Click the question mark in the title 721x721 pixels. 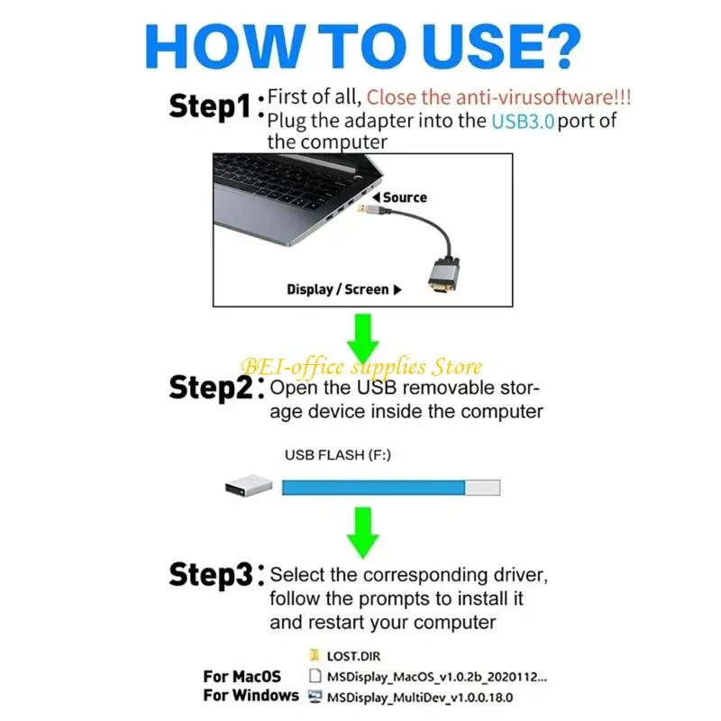(556, 46)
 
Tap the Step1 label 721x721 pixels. (210, 106)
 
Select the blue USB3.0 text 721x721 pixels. (523, 122)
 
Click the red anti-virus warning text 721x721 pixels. (498, 97)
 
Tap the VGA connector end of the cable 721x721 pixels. (443, 277)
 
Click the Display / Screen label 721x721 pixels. (337, 289)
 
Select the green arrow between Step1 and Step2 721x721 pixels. (363, 339)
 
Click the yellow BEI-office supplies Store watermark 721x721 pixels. (361, 367)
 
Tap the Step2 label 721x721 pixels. (211, 388)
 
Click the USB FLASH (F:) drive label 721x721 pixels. (337, 455)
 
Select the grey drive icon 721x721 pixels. (249, 486)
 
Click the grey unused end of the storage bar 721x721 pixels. (482, 488)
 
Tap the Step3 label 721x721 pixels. (211, 575)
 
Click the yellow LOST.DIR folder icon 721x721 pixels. (315, 655)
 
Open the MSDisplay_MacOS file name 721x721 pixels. (437, 677)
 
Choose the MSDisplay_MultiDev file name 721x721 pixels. (419, 698)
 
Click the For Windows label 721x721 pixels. (251, 695)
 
